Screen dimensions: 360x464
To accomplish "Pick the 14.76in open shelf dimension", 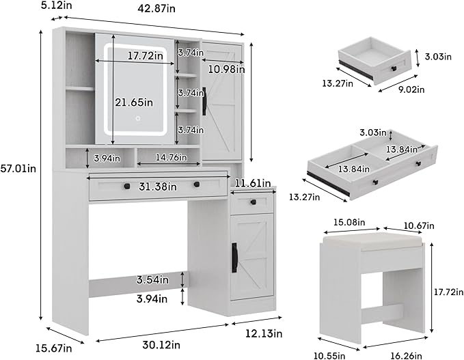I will [x=167, y=157].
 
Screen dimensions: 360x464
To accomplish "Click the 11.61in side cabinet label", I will [x=254, y=183].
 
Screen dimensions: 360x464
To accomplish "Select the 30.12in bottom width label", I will [x=161, y=344].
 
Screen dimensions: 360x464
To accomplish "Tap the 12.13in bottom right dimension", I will [x=262, y=333].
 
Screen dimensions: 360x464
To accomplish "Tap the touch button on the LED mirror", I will [x=137, y=118].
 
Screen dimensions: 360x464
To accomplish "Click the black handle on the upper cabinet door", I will [x=204, y=100].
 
